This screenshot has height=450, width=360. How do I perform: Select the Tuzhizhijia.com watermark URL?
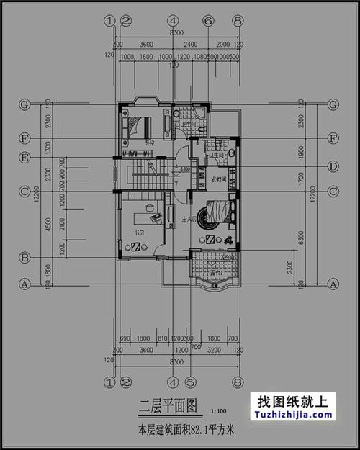292,415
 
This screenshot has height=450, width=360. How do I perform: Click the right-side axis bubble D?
333,166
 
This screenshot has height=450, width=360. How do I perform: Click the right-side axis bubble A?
333,284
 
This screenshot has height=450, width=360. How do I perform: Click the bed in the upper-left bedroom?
138,125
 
